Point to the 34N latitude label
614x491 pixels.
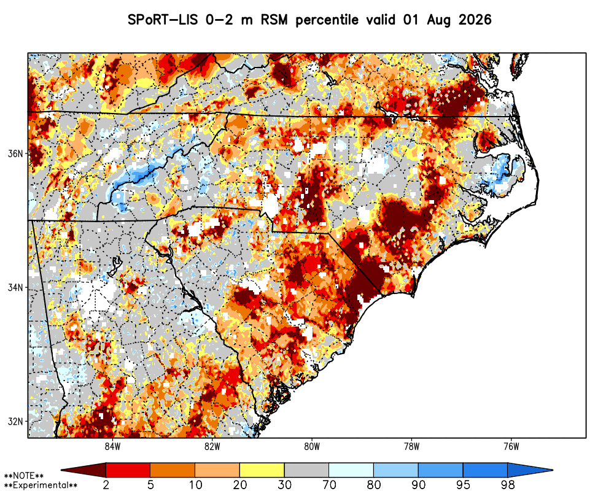[16, 287]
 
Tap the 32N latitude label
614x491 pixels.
[16, 422]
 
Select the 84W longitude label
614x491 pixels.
[113, 446]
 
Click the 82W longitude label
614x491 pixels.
[212, 446]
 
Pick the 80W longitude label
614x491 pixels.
[312, 446]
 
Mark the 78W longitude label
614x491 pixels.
[411, 446]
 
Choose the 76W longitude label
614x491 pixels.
[511, 446]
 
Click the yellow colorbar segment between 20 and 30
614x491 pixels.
[262, 470]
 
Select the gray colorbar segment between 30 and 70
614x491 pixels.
[306, 470]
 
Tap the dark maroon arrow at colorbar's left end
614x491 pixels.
[84, 470]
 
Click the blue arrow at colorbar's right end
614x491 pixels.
[530, 470]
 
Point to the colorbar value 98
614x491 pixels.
[508, 485]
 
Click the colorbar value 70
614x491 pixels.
[329, 485]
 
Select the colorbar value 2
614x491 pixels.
[106, 485]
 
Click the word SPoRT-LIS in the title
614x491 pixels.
[164, 20]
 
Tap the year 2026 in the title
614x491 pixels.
[475, 20]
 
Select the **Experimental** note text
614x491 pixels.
[41, 485]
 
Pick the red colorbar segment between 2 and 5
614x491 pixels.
[128, 470]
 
